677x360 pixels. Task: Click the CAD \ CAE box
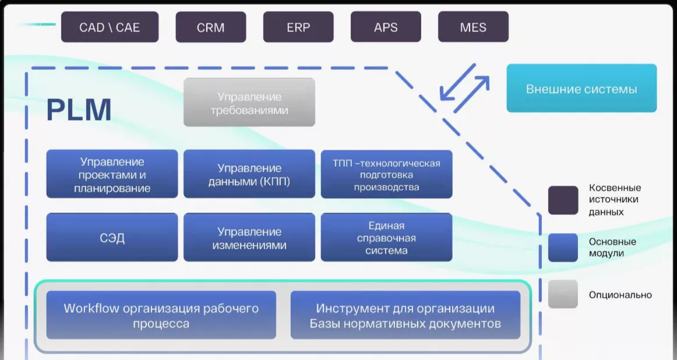[x=110, y=27]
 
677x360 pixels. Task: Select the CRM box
[x=211, y=27]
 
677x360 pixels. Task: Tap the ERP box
[x=298, y=27]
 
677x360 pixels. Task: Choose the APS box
[x=386, y=27]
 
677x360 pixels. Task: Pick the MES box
[x=473, y=27]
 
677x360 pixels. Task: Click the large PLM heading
[x=79, y=110]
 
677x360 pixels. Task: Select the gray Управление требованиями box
[x=249, y=103]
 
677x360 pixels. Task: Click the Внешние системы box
[x=581, y=89]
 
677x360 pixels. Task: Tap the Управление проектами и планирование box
[x=112, y=174]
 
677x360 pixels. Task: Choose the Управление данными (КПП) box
[x=249, y=174]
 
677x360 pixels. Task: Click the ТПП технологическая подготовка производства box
[x=386, y=174]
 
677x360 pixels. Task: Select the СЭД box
[x=112, y=238]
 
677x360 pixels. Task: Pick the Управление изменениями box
[x=249, y=238]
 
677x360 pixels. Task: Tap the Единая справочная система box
[x=386, y=238]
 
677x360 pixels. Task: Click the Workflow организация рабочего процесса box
[x=161, y=315]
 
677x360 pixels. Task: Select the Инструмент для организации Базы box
[x=405, y=315]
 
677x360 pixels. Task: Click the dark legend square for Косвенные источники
[x=563, y=200]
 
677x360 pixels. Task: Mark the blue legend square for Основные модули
[x=563, y=248]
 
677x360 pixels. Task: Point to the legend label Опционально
[x=620, y=295]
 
